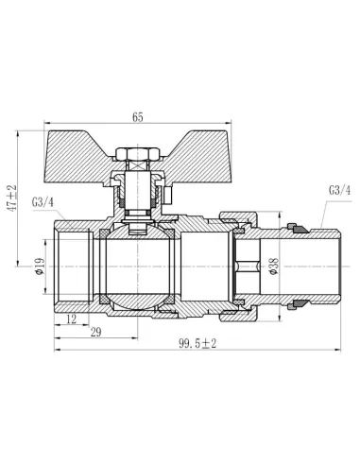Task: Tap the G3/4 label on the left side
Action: coord(44,201)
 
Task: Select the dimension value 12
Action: coord(73,321)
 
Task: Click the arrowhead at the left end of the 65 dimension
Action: coord(45,128)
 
